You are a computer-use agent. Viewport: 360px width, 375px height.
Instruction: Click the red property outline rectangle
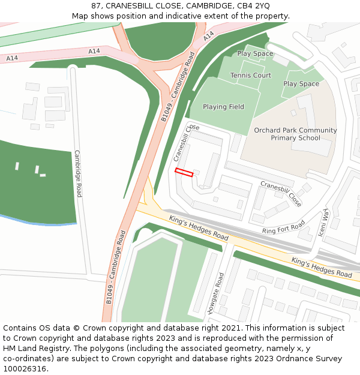pyautogui.click(x=184, y=173)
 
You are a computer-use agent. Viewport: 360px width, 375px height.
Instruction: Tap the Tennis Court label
pyautogui.click(x=251, y=76)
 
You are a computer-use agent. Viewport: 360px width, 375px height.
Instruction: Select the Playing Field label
pyautogui.click(x=223, y=107)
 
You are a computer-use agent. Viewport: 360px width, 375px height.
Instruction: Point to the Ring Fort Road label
pyautogui.click(x=284, y=227)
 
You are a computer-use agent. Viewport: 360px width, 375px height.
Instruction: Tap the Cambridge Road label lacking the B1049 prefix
pyautogui.click(x=78, y=173)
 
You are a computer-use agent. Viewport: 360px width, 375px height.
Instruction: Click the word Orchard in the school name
pyautogui.click(x=268, y=130)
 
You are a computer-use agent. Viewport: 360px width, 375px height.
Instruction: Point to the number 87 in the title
pyautogui.click(x=96, y=6)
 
